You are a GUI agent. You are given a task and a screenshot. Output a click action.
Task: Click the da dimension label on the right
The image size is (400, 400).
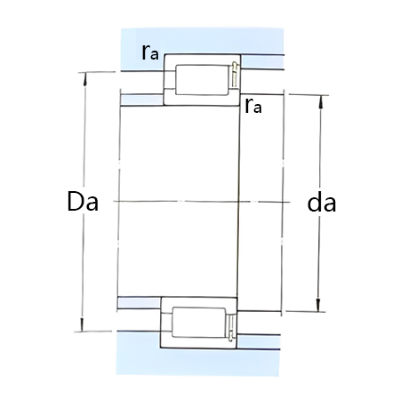pyautogui.click(x=320, y=204)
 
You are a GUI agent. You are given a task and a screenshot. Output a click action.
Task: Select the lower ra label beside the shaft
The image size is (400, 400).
pyautogui.click(x=253, y=108)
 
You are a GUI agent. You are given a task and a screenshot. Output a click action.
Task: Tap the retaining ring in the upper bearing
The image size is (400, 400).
pyautogui.click(x=233, y=76)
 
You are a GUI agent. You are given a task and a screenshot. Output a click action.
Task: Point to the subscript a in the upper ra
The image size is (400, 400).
pyautogui.click(x=156, y=56)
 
